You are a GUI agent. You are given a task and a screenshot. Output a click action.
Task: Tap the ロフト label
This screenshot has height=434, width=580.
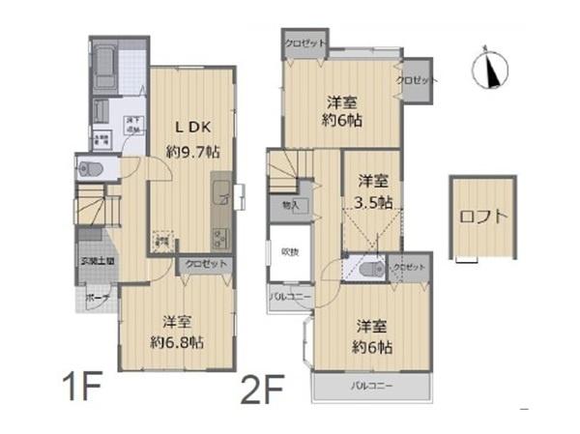(x=483, y=216)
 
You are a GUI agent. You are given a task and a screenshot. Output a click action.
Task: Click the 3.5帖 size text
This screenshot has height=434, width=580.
(x=373, y=202)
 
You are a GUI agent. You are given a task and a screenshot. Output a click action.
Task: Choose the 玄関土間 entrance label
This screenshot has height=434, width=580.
(x=97, y=261)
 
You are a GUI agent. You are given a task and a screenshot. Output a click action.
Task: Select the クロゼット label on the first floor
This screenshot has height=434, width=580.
(x=205, y=263)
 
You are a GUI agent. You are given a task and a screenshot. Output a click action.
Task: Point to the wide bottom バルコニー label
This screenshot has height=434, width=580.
(x=371, y=390)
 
